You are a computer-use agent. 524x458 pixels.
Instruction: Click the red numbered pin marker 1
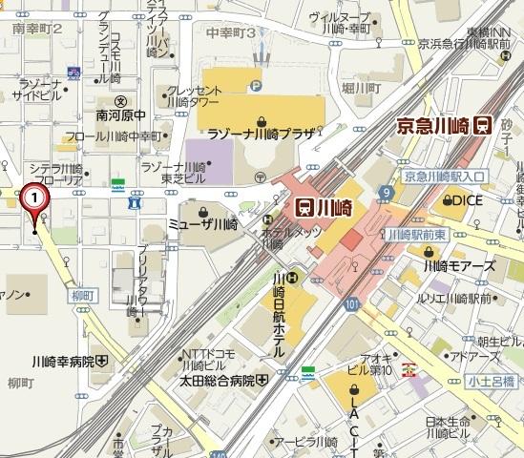pos(34,198)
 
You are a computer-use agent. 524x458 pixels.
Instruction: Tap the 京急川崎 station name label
pos(434,125)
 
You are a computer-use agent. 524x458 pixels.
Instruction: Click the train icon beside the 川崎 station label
pos(304,204)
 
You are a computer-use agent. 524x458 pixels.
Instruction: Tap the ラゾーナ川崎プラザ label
pos(263,135)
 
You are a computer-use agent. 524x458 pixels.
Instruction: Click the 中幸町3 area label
pos(232,32)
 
